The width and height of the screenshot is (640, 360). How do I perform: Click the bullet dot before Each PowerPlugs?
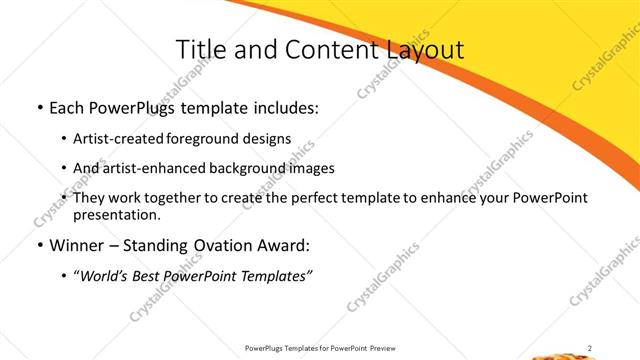pos(39,108)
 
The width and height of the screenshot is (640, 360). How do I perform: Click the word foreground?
pos(204,138)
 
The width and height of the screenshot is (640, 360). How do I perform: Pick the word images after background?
pos(309,168)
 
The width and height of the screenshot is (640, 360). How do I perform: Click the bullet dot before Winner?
pos(39,246)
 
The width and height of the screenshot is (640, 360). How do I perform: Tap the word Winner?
pos(77,246)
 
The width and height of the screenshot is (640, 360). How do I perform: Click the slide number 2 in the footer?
pos(590,348)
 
